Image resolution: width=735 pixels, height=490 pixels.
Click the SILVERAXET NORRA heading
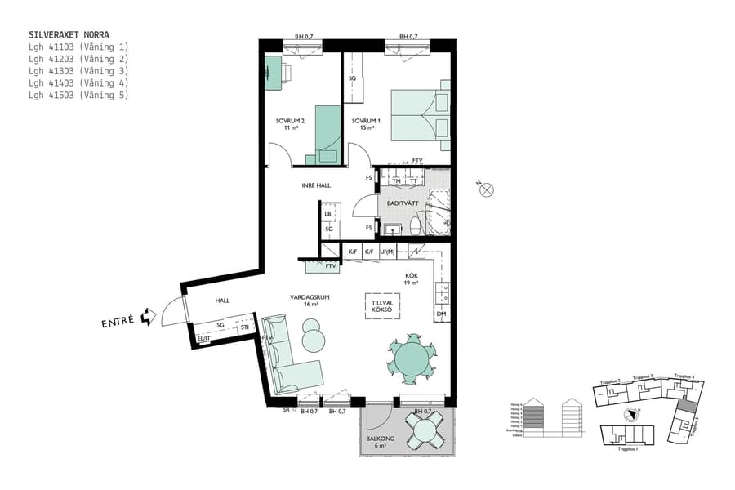(x=69, y=35)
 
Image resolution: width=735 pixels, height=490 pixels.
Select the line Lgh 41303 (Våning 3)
(x=78, y=71)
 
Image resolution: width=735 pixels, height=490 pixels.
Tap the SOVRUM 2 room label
(x=289, y=124)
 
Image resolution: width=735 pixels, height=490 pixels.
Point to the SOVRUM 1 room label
(x=363, y=124)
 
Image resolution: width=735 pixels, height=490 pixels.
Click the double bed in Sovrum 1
(x=420, y=114)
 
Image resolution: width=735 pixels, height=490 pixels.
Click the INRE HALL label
(x=316, y=185)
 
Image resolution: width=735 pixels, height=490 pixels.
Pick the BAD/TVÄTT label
(x=402, y=202)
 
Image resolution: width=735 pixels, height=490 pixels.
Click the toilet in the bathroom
(x=416, y=225)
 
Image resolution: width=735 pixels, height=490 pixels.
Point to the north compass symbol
(x=488, y=190)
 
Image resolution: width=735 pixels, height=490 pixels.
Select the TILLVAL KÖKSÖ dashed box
(x=382, y=305)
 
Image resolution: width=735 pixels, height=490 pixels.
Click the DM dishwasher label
(x=441, y=314)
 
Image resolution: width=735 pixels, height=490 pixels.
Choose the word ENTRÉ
(x=118, y=323)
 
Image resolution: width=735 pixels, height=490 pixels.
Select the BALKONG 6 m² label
(x=381, y=443)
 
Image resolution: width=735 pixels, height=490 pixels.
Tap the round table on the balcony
(x=425, y=430)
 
